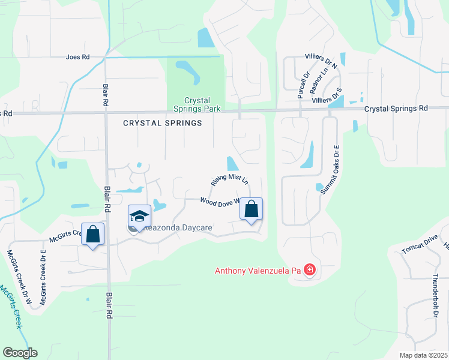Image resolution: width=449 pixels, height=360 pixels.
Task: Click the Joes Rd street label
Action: (x=77, y=57)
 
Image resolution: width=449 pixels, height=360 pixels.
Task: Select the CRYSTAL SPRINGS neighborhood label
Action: (x=162, y=123)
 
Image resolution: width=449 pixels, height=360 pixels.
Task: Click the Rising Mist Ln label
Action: (x=229, y=180)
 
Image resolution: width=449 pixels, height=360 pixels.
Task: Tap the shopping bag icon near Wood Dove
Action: (x=251, y=210)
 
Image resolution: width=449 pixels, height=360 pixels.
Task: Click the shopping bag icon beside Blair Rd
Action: (x=93, y=234)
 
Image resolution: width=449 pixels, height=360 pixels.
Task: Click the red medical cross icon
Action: (x=310, y=270)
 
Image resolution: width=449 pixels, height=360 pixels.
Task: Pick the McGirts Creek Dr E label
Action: (x=43, y=278)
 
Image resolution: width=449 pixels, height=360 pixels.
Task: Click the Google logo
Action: (x=20, y=353)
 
